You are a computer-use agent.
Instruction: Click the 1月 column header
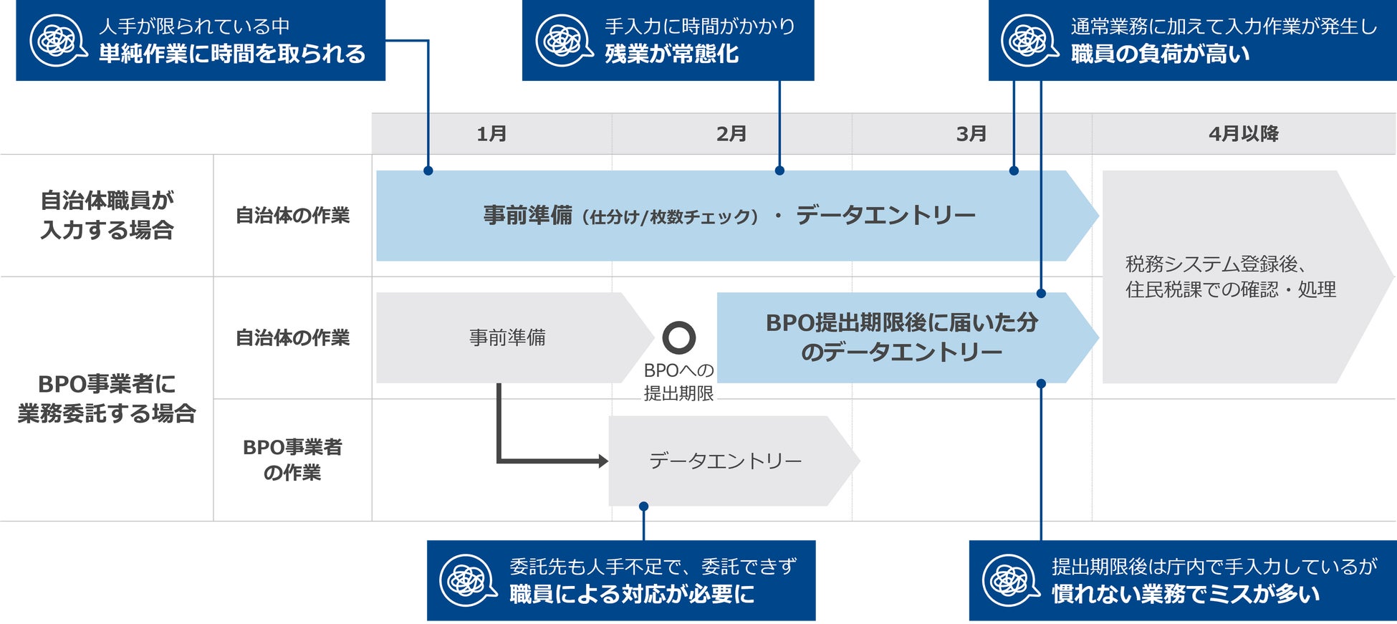491,134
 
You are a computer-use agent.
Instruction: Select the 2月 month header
731,134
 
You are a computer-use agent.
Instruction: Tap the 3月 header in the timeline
971,134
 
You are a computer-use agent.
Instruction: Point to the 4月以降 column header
1244,134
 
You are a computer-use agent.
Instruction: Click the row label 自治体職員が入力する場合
107,215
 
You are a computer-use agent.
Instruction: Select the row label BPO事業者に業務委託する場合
107,398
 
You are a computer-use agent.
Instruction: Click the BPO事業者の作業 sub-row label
292,460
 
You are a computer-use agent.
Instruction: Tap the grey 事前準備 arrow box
507,337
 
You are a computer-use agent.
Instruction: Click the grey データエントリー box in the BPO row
725,461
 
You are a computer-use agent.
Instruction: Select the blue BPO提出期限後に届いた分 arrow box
901,337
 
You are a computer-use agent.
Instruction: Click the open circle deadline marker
678,337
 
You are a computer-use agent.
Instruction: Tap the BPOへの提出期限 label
678,382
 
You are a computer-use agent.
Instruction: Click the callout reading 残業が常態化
668,40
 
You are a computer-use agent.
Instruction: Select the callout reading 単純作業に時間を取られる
201,40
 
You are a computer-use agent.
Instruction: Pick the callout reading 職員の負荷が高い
1191,40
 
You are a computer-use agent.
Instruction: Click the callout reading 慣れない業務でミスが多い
1182,580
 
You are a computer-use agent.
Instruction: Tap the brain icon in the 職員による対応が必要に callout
467,580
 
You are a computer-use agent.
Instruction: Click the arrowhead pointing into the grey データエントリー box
603,461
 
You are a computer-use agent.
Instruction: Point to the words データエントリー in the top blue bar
885,215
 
